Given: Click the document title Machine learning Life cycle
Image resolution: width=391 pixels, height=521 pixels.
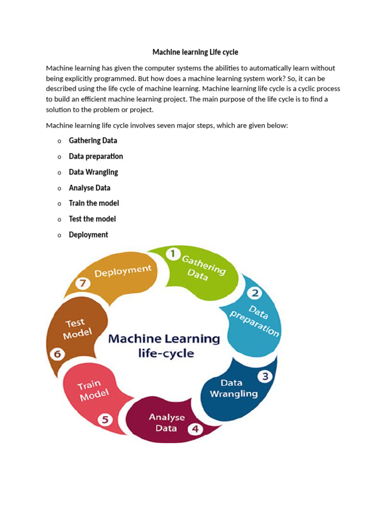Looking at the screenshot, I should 195,52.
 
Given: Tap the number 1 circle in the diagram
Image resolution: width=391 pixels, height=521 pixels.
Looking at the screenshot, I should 173,253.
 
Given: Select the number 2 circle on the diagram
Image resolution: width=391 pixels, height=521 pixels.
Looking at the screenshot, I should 255,293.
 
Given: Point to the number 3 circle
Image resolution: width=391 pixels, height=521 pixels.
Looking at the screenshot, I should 265,377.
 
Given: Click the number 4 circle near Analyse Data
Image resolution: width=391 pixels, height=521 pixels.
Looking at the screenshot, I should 195,429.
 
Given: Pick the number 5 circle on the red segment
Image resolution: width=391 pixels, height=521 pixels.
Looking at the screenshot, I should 105,420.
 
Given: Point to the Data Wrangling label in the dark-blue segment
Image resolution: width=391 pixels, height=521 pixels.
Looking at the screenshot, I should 234,388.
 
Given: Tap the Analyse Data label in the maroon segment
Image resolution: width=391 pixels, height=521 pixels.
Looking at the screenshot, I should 166,423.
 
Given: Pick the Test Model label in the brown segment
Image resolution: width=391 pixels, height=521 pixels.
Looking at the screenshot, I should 76,329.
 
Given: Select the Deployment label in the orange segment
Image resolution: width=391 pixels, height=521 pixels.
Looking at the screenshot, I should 123,271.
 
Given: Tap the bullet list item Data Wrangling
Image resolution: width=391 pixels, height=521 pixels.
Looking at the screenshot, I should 93,172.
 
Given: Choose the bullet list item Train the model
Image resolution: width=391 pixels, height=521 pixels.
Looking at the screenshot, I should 94,203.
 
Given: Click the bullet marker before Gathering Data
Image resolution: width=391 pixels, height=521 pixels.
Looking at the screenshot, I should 59,141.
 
